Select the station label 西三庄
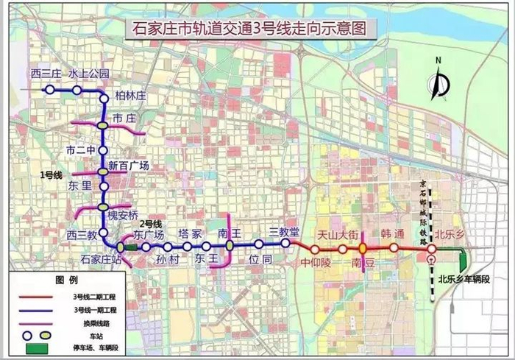point(46,74)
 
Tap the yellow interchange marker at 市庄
point(103,125)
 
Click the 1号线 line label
point(51,174)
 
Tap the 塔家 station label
point(190,233)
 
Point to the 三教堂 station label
point(285,232)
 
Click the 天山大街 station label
point(338,235)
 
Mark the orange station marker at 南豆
point(363,248)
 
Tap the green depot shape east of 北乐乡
point(464,258)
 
